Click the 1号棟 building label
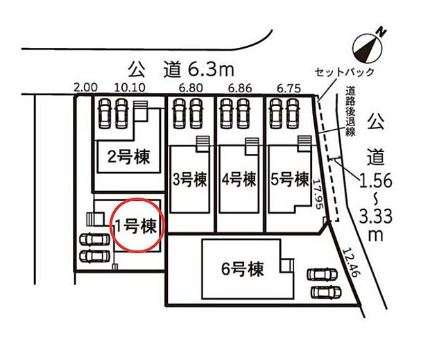click(x=138, y=225)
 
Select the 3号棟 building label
click(x=189, y=179)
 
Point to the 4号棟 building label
click(x=239, y=179)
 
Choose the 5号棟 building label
click(x=290, y=179)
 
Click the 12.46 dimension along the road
click(x=352, y=264)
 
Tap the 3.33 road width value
click(x=376, y=218)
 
